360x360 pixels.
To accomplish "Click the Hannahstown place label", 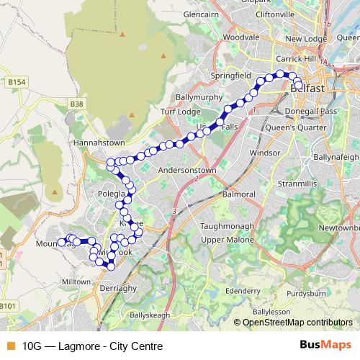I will pos(99,143).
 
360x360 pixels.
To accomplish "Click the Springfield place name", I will pos(231,75).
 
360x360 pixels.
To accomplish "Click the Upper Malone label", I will pos(224,239).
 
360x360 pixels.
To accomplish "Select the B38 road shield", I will pos(77,104).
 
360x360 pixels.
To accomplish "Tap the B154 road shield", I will pos(17,83).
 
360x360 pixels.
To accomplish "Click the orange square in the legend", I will pos(10,345).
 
